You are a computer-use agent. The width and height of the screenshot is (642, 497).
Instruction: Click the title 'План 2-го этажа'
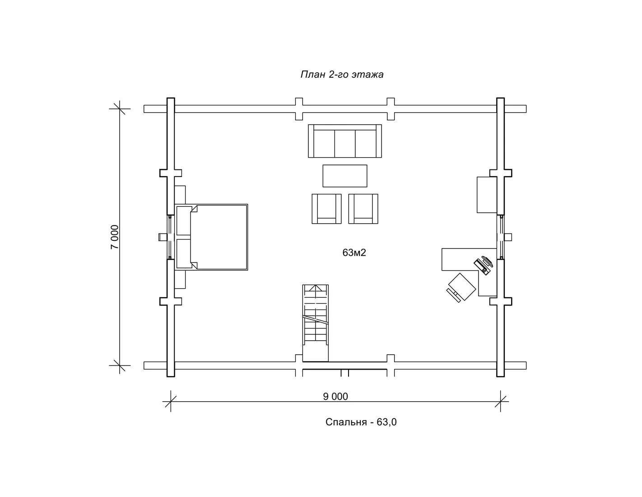pyautogui.click(x=342, y=74)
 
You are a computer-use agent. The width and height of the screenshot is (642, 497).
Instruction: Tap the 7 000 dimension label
pyautogui.click(x=115, y=237)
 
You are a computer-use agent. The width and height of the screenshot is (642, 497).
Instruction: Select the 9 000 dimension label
pyautogui.click(x=335, y=397)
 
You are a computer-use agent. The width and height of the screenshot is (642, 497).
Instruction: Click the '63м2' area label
pyautogui.click(x=354, y=253)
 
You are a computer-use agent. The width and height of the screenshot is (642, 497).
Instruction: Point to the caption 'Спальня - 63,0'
pyautogui.click(x=361, y=422)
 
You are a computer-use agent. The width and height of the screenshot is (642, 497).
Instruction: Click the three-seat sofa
pyautogui.click(x=345, y=141)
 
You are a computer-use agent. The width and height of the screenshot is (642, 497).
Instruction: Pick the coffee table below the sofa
pyautogui.click(x=345, y=176)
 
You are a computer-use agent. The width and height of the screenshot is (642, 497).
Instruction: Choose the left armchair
pyautogui.click(x=326, y=209)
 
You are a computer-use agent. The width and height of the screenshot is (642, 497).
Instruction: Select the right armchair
pyautogui.click(x=363, y=209)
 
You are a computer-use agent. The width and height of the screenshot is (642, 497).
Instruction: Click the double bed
pyautogui.click(x=211, y=237)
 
